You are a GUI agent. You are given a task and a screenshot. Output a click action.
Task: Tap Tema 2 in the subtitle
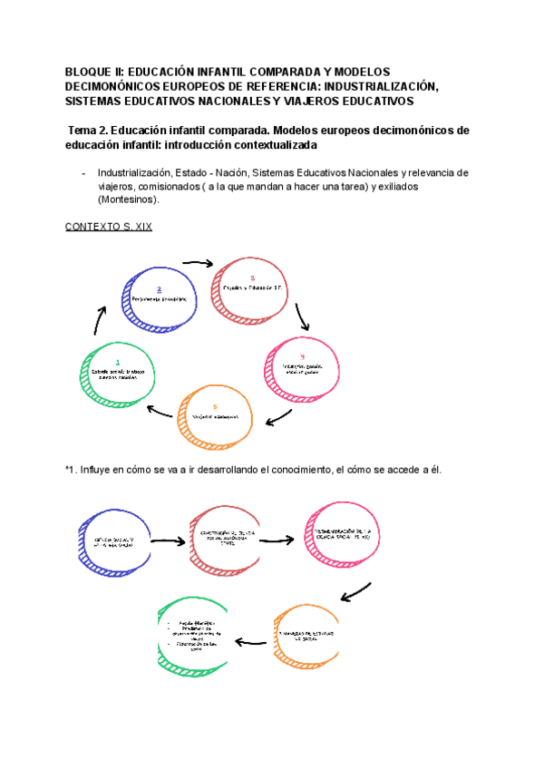92,130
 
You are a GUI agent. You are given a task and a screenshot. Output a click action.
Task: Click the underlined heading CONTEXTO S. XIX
109,227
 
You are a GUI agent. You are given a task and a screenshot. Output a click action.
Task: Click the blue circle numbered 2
160,296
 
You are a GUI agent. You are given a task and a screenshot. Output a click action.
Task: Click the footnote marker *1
71,469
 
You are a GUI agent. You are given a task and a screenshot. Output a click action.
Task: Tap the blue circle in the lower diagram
115,541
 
